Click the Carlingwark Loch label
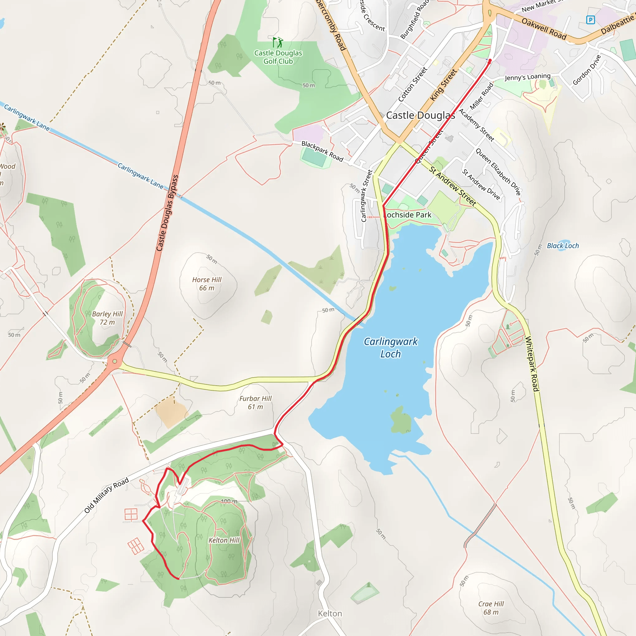(390, 348)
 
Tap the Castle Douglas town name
(420, 115)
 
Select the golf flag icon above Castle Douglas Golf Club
(278, 42)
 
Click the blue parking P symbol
(591, 20)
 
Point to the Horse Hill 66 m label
(207, 284)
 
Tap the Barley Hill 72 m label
(107, 318)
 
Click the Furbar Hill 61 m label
(256, 402)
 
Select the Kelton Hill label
(224, 540)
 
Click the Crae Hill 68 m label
(491, 608)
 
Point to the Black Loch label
(563, 246)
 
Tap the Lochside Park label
(407, 215)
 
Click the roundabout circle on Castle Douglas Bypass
(115, 361)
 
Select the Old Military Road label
(106, 496)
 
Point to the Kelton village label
(330, 614)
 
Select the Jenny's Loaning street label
(527, 77)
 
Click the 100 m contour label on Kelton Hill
(229, 501)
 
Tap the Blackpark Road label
(322, 152)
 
